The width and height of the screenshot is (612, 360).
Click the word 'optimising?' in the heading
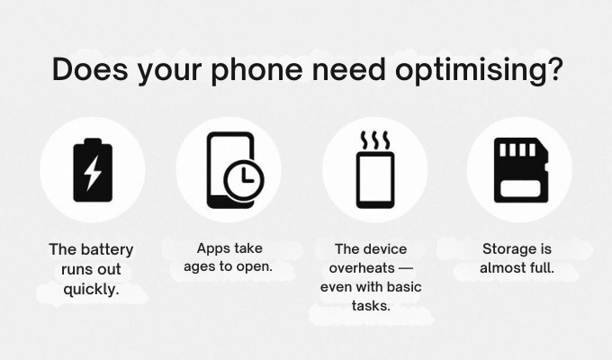(x=480, y=70)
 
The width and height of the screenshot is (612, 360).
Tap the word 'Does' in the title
(x=90, y=69)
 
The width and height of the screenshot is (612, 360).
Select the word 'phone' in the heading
(x=257, y=70)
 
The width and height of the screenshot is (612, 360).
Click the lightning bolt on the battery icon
(x=93, y=173)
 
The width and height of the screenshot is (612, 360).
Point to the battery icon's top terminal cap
(x=93, y=141)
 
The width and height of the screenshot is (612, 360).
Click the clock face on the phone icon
(x=244, y=180)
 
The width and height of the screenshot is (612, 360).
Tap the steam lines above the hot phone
(x=375, y=140)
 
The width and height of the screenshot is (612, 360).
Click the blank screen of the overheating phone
(x=375, y=178)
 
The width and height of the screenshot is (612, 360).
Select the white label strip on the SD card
(x=520, y=189)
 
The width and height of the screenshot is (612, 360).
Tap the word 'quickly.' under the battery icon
(x=91, y=290)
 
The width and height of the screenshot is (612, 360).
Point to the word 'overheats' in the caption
(x=362, y=268)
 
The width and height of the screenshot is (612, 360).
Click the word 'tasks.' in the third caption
(x=371, y=305)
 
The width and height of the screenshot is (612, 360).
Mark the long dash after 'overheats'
(x=406, y=268)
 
